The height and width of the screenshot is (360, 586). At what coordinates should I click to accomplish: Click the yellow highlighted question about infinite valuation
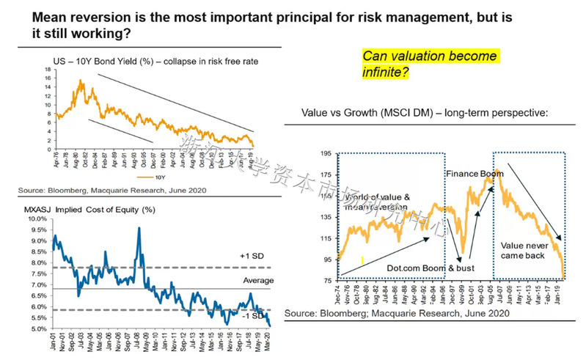(x=430, y=65)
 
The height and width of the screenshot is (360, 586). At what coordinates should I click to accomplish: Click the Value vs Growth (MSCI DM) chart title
(x=425, y=114)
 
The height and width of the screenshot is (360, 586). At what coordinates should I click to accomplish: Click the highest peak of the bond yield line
(x=80, y=80)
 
